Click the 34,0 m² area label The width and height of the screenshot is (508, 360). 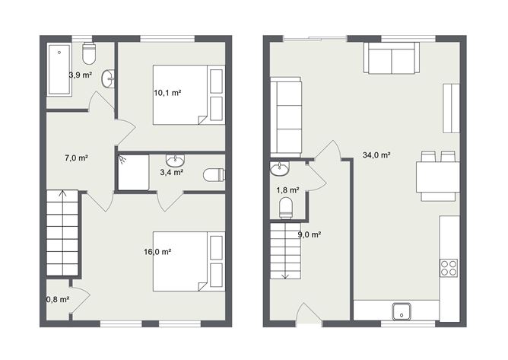[376, 155]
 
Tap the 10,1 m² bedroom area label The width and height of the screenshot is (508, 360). [167, 93]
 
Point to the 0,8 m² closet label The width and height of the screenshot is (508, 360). [57, 299]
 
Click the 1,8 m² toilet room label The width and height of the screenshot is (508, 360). [287, 190]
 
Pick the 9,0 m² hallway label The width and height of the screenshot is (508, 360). [309, 234]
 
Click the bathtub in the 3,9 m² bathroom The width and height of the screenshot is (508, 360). [59, 71]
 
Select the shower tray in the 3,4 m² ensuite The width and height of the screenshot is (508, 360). [133, 172]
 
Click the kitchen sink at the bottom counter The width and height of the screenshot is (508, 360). [402, 311]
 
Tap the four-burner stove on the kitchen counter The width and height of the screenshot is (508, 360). [449, 267]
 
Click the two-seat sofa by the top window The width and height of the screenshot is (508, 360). [391, 58]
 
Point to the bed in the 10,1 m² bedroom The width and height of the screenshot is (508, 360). [189, 94]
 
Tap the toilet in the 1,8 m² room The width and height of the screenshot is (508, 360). [287, 208]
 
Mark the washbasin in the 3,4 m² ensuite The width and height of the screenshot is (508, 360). [176, 160]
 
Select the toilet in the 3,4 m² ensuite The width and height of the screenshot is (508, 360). [214, 175]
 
